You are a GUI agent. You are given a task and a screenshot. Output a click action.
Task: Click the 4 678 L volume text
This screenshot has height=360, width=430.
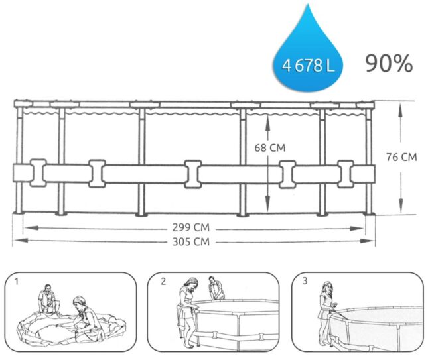pos(309,66)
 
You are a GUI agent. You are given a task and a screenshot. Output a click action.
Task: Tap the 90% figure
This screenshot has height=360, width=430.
pos(389,64)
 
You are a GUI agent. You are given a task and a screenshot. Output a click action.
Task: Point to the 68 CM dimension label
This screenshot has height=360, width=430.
pos(270,148)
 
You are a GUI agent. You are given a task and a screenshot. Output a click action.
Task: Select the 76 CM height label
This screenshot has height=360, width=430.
pos(401,157)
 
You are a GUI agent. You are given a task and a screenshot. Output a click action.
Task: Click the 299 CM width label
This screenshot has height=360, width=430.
pos(191,227)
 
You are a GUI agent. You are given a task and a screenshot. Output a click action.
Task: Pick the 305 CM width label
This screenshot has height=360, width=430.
pos(191,242)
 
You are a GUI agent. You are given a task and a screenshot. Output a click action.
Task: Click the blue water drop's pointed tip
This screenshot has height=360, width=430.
pos(309,4)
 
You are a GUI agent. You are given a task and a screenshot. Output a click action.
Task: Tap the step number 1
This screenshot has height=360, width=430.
pos(17,282)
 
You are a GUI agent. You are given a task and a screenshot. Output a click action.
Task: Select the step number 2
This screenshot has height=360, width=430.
pos(163,282)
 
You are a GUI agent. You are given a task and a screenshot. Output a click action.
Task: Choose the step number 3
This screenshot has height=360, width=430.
pos(305,281)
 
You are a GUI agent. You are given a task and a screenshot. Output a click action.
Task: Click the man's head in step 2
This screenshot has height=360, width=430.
pos(212,280)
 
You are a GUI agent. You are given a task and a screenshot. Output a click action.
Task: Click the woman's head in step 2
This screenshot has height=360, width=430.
pos(192,284)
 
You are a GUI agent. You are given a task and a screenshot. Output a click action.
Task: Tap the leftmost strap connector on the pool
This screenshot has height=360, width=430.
pos(38,173)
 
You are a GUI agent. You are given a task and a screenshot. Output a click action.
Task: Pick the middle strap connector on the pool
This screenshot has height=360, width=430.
pos(193,174)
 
